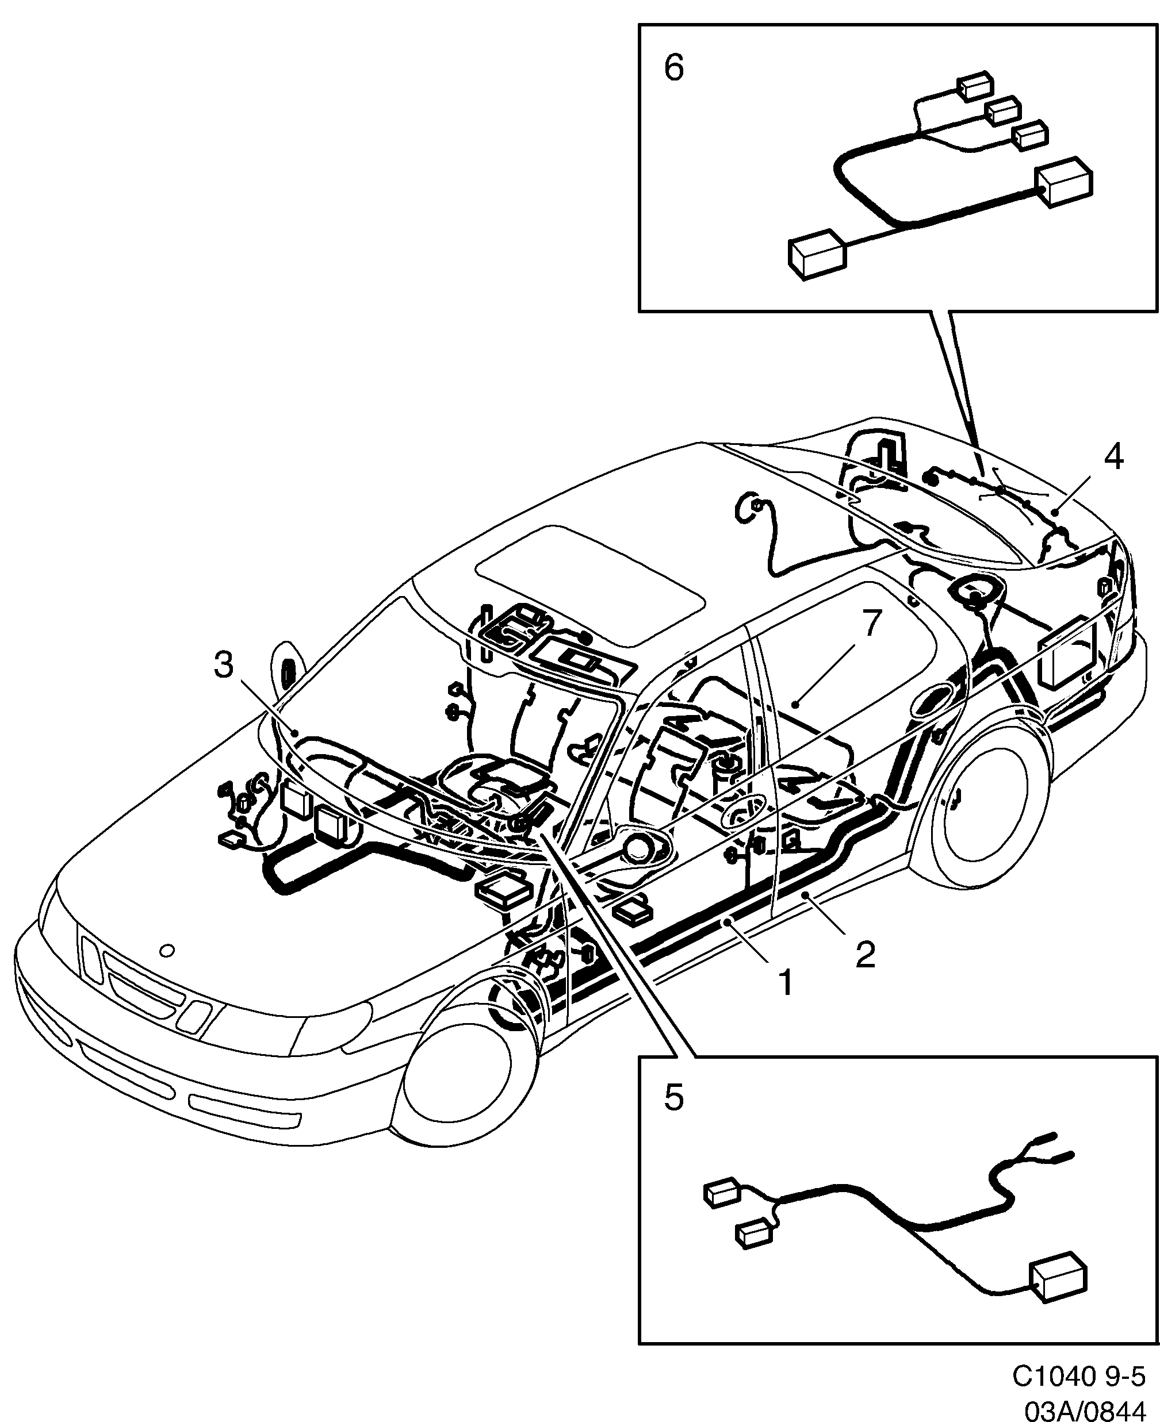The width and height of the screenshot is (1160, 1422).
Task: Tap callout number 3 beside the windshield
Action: click(x=224, y=665)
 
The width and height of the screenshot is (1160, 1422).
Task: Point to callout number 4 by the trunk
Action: click(x=1113, y=458)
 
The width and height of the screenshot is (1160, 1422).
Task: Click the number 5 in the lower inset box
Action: click(x=673, y=1097)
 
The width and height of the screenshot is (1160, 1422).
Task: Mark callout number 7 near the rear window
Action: click(x=872, y=623)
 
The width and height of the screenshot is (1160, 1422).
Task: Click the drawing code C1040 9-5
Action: click(x=1078, y=1376)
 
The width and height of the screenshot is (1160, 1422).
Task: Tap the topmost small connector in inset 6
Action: click(x=975, y=86)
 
